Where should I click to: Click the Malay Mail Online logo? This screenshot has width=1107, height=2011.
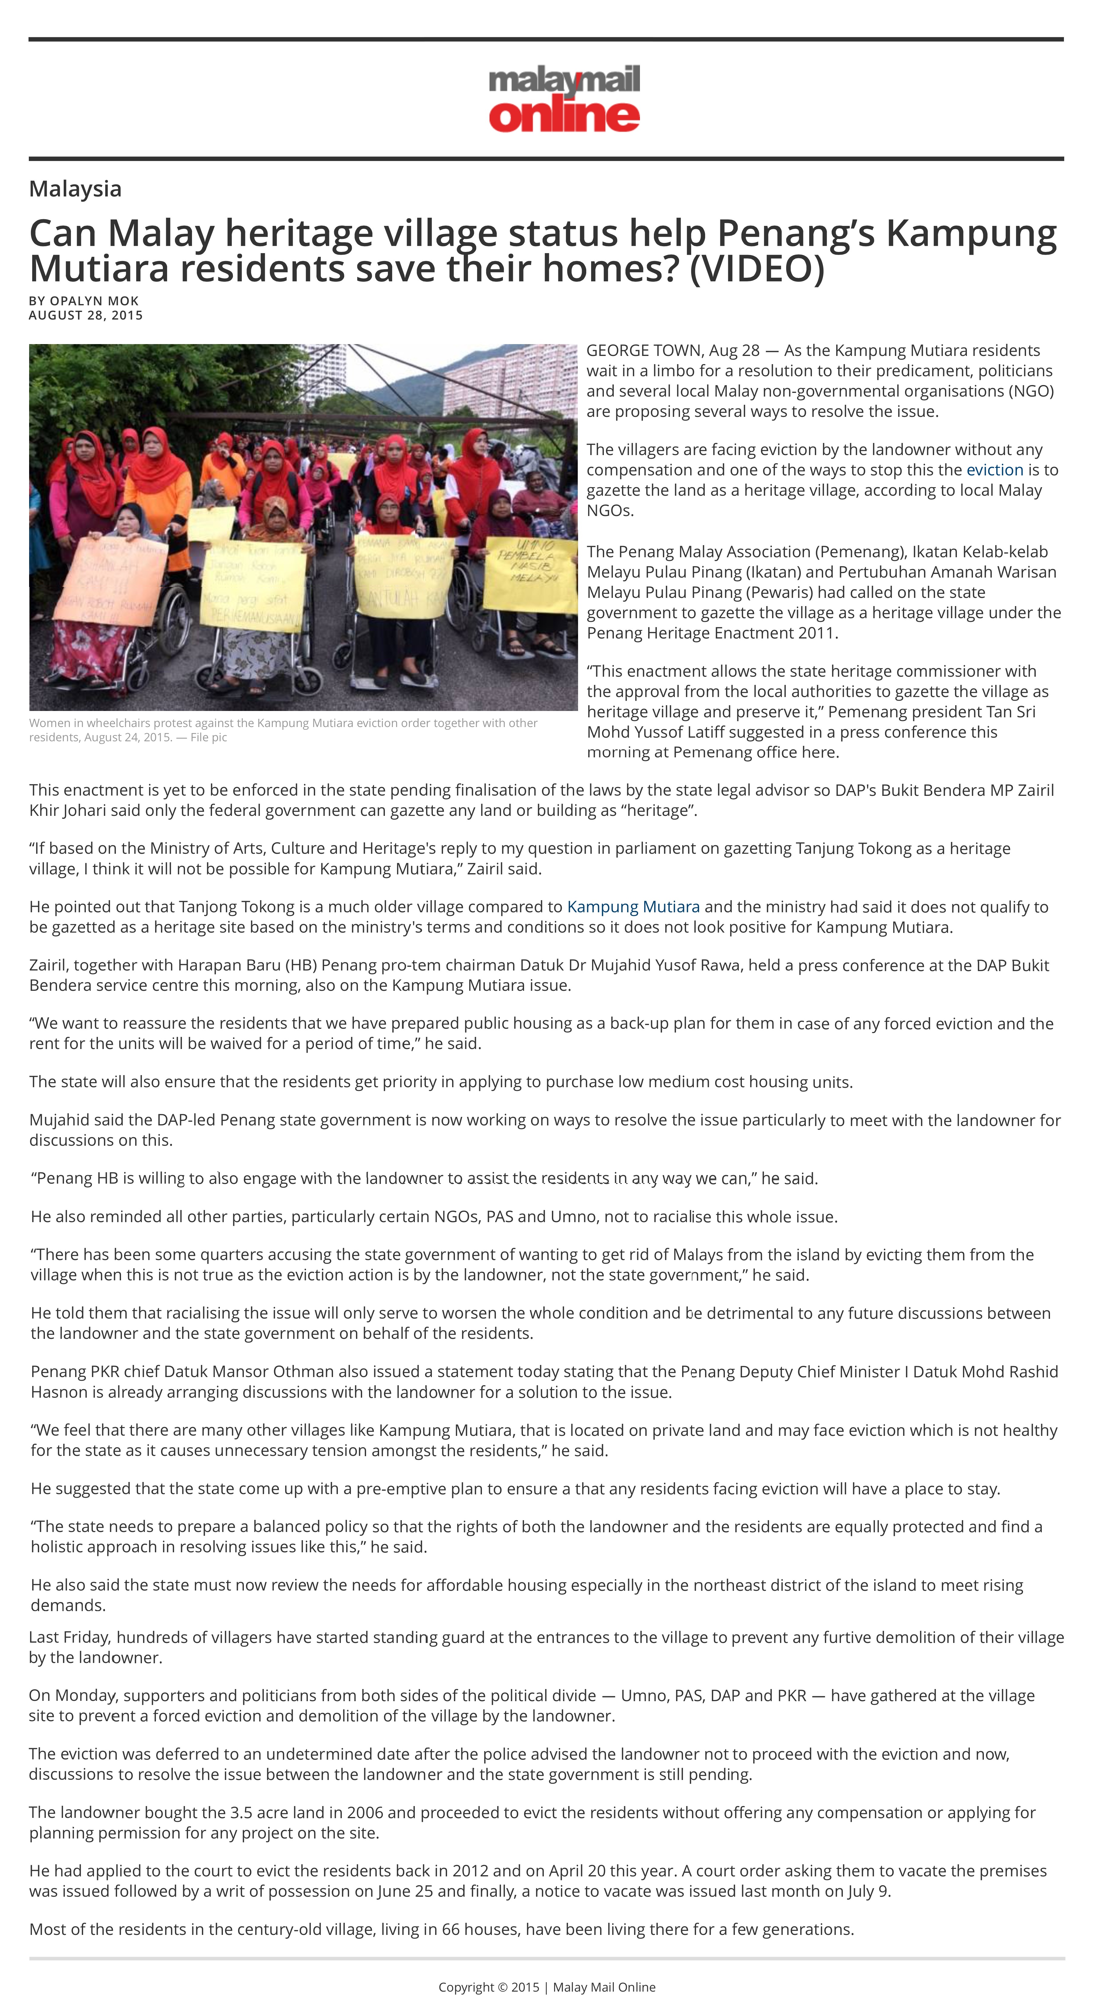pyautogui.click(x=564, y=99)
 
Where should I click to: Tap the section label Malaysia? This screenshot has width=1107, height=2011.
pyautogui.click(x=75, y=189)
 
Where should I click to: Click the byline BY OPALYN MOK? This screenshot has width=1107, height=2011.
pyautogui.click(x=83, y=300)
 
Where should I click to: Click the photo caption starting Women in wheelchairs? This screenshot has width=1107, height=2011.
pyautogui.click(x=283, y=730)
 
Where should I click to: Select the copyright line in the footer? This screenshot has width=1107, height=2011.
pyautogui.click(x=547, y=1987)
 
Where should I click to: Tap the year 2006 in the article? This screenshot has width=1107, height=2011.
pyautogui.click(x=365, y=1813)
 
